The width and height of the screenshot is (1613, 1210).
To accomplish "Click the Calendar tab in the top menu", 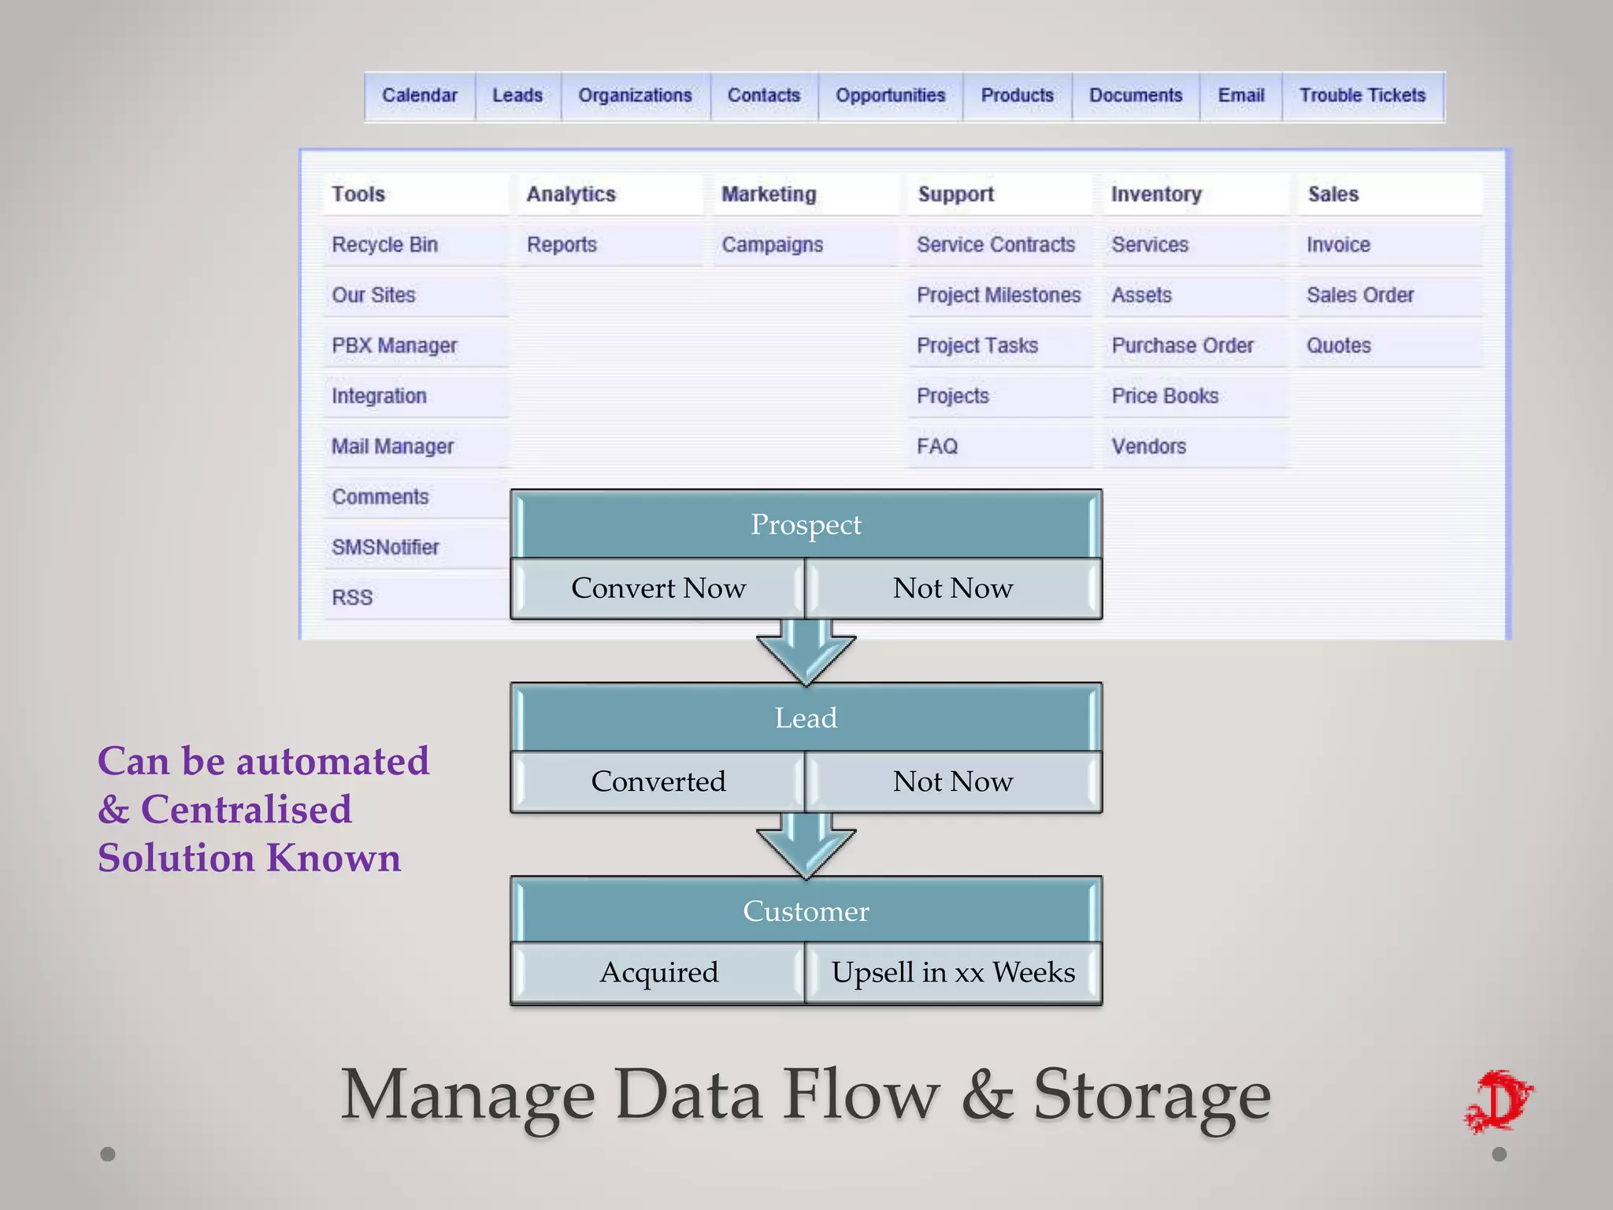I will point(419,95).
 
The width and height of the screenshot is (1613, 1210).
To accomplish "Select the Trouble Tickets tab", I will point(1362,95).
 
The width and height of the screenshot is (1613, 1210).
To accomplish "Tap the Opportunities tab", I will point(890,95).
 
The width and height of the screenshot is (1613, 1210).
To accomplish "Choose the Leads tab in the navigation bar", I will point(517,95).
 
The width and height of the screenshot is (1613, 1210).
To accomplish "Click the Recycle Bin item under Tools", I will point(384,245).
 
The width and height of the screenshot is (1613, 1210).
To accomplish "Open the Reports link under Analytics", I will point(562,245).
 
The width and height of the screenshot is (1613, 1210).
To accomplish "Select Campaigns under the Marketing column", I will point(772,245).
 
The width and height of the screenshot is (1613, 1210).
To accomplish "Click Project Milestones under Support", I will point(998,295).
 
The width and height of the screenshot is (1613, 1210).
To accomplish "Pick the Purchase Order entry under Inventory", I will point(1182,346).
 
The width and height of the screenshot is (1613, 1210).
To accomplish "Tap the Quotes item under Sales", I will point(1338,346).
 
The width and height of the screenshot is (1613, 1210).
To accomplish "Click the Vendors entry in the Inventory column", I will point(1148,447).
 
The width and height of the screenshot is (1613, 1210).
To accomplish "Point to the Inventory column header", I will point(1155,195).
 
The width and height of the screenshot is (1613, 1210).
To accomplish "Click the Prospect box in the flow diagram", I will point(806,525).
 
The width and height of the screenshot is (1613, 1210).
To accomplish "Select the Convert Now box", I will point(658,588).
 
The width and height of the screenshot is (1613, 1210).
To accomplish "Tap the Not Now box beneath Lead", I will point(952,781).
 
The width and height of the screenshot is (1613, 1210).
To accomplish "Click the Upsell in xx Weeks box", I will point(952,973).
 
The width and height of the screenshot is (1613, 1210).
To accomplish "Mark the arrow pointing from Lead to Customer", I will point(806,847).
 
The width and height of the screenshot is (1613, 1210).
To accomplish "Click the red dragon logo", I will point(1500,1101).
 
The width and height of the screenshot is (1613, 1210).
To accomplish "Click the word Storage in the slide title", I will point(1151,1095).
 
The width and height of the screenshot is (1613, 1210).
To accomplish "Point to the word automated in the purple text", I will point(332,762).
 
